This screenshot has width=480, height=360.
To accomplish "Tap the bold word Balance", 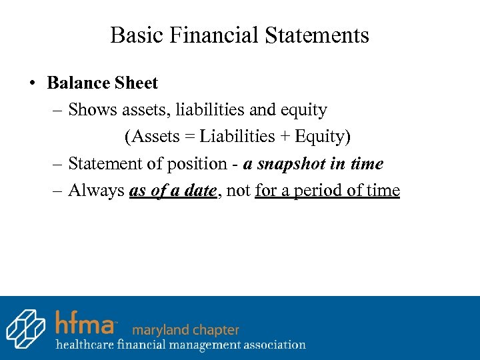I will coord(76,83).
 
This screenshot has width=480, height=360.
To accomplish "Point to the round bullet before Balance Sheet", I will coord(31,84).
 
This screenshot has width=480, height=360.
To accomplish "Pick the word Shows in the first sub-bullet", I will coord(92,110).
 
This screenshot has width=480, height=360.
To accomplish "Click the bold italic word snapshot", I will coord(291,164).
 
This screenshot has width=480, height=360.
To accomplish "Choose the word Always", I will coord(96,191).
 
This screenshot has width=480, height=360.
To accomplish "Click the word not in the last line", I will coord(238,191).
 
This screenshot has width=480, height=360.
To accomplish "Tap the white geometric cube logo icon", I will coord(26,328).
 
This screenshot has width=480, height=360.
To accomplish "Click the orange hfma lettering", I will coord(85,323).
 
